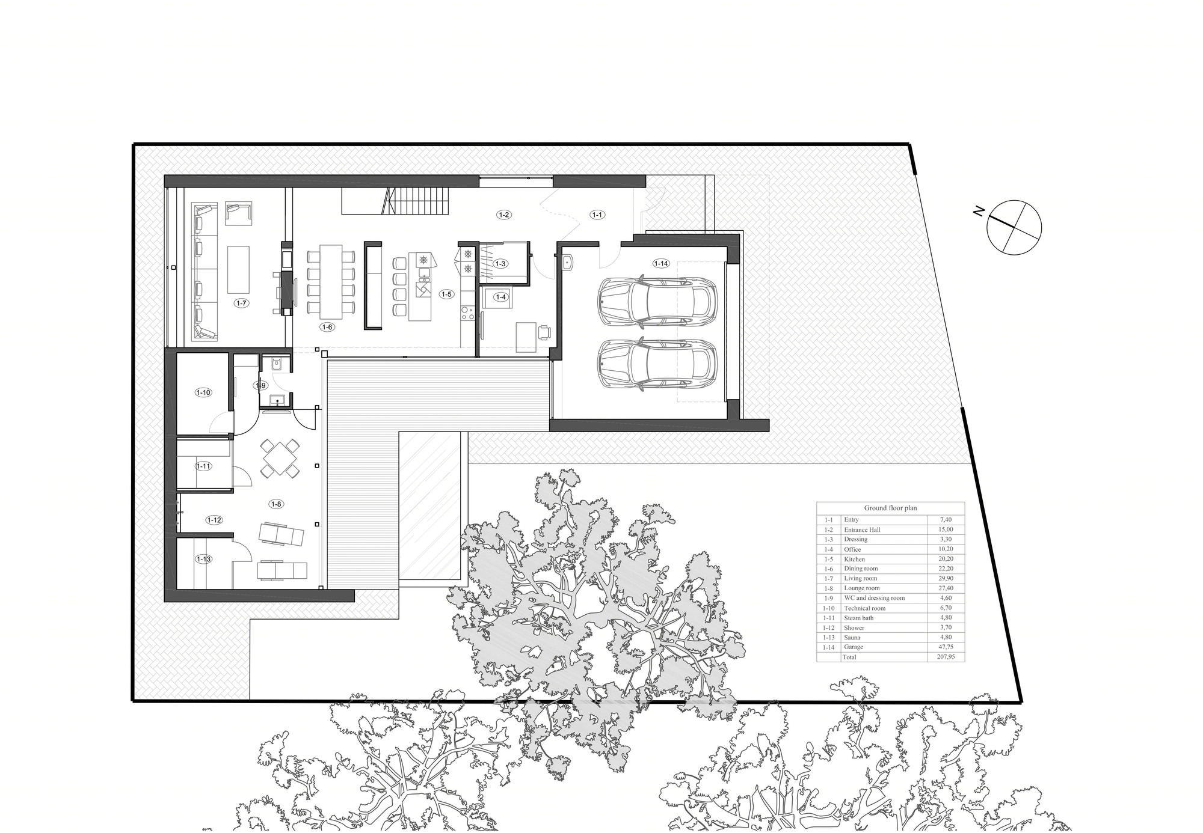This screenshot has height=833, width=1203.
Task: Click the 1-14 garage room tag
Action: tap(660, 263)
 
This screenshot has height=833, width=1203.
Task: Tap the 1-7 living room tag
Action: tap(241, 304)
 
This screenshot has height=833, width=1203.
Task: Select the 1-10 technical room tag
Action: tap(203, 392)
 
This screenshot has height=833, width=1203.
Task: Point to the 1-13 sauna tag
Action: tap(203, 559)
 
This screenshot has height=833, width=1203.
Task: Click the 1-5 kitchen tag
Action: tap(446, 294)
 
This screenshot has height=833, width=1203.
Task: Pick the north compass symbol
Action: tap(1014, 228)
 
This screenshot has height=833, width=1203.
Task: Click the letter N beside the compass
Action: tap(979, 211)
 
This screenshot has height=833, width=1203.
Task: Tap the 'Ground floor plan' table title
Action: tap(890, 508)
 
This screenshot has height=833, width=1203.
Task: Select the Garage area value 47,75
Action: tap(944, 647)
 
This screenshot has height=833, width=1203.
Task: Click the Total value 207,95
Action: tap(946, 657)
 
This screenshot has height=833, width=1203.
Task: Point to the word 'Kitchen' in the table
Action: tap(854, 559)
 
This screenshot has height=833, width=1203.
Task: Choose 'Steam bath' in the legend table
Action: tap(858, 618)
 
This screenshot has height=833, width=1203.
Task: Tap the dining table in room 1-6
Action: tap(330, 282)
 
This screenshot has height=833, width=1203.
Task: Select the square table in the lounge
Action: tap(280, 458)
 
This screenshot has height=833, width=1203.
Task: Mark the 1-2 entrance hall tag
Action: tap(504, 215)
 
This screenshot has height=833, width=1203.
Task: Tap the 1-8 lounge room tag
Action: tap(276, 504)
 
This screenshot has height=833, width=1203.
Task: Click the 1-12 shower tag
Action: tap(214, 520)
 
